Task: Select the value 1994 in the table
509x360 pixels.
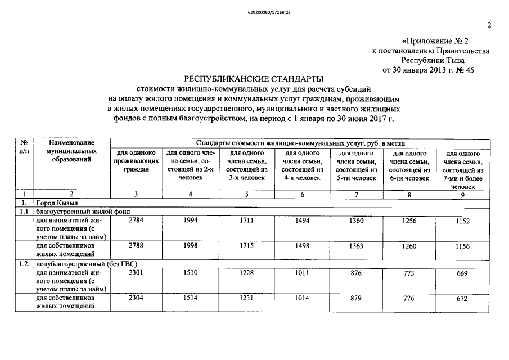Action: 190,221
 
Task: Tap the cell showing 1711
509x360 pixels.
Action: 246,221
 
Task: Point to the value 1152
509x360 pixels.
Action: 462,222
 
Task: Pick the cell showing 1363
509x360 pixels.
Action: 356,245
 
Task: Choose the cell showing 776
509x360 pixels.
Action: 408,299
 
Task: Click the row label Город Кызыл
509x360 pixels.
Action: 57,202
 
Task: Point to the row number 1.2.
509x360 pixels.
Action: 23,263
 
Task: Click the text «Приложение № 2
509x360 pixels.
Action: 435,41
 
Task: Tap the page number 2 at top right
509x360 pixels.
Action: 489,25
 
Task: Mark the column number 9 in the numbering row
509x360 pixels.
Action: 462,195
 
